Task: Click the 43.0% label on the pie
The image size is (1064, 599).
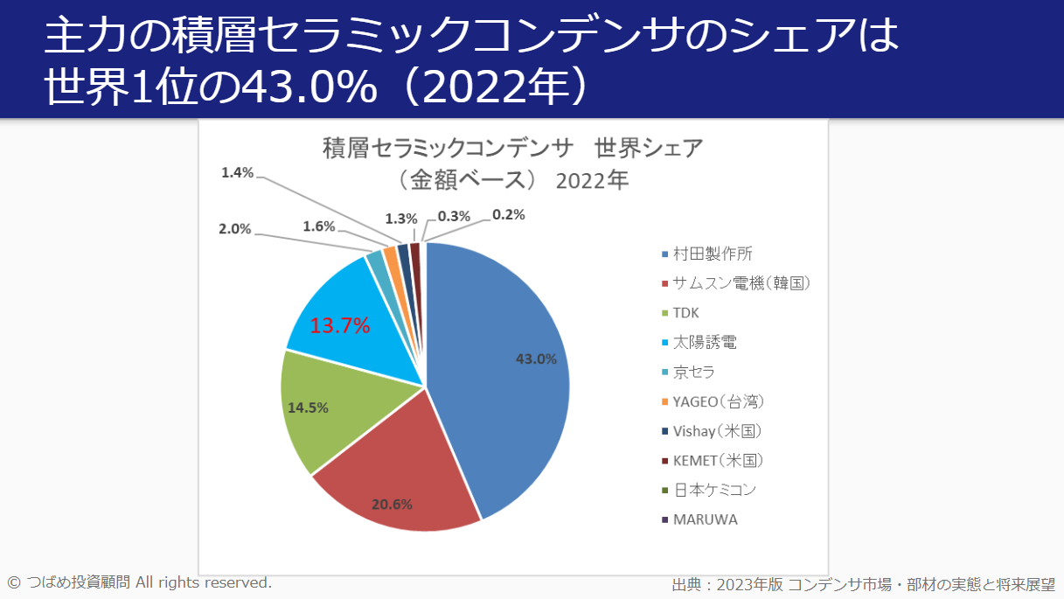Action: point(536,359)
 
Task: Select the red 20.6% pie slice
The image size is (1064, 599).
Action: point(393,472)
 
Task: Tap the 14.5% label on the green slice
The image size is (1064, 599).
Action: point(308,407)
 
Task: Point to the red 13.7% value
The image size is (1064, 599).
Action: point(340,326)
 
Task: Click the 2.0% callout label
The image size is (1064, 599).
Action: point(234,229)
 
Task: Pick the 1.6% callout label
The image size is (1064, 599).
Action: point(319,226)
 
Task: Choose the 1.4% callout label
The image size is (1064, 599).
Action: point(237,173)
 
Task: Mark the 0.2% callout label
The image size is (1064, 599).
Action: point(508,214)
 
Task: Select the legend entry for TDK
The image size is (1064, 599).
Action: point(685,313)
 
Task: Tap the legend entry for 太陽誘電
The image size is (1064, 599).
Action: point(705,343)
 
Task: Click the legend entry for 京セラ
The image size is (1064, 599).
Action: point(694,372)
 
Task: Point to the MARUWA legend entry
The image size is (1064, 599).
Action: point(705,519)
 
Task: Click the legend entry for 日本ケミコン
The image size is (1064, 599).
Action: point(713,490)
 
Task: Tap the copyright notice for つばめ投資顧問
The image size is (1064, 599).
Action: point(140,582)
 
